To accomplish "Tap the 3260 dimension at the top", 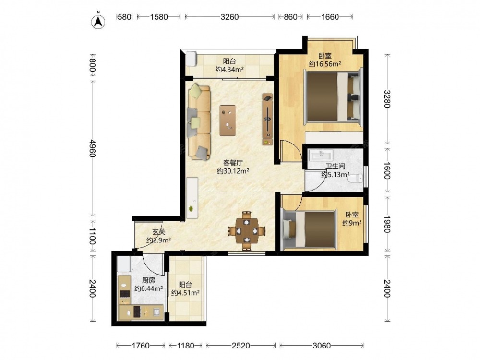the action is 229,17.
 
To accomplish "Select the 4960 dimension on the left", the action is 92,148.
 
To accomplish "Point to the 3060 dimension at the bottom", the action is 322,346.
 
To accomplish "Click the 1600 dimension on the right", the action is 387,170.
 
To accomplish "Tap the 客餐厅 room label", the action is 233,163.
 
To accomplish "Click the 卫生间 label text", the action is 335,167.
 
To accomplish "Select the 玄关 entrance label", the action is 158,232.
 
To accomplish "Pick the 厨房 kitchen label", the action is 148,280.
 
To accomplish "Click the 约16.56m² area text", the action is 325,64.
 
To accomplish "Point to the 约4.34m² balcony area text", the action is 229,69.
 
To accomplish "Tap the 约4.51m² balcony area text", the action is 185,293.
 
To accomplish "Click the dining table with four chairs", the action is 246,231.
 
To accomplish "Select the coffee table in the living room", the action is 228,120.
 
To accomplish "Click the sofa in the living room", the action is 199,122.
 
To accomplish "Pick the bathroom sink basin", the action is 321,155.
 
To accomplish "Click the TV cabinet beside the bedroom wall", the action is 267,120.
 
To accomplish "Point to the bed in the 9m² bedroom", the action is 309,229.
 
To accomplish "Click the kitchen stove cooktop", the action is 125,294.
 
